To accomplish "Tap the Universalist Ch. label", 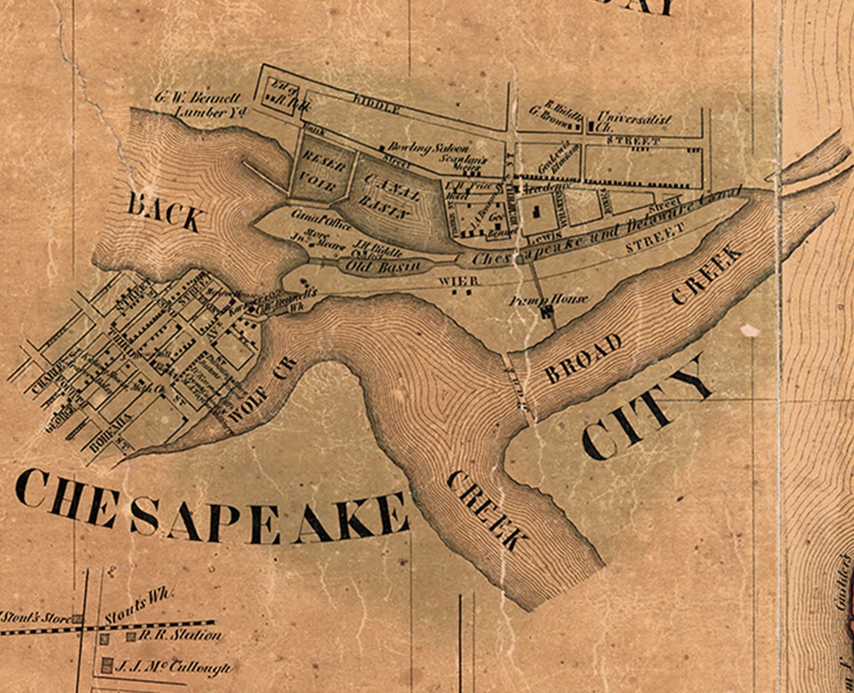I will [633, 122].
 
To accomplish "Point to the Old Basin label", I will [382, 266].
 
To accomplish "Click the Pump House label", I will [549, 300].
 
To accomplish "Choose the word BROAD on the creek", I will [583, 358].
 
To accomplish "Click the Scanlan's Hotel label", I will [464, 163].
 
